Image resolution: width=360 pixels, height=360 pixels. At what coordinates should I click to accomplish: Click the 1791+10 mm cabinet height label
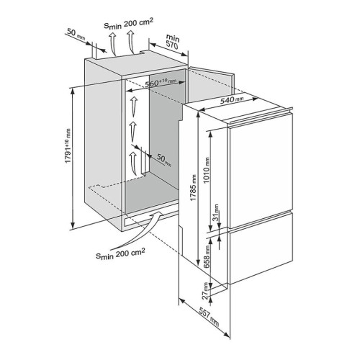(x=68, y=146)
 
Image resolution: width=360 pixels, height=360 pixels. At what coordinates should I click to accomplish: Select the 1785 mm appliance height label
(x=193, y=188)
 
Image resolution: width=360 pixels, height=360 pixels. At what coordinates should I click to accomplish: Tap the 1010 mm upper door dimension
(x=207, y=170)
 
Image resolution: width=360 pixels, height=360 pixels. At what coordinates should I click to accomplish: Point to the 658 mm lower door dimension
(x=207, y=256)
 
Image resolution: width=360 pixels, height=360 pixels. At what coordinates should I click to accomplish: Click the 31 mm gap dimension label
(x=216, y=212)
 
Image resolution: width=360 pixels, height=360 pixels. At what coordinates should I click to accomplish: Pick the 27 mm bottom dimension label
(x=205, y=291)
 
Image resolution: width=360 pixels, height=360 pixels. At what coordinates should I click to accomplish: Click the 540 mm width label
(x=232, y=99)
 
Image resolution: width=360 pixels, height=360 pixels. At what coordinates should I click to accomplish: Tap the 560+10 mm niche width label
(x=161, y=83)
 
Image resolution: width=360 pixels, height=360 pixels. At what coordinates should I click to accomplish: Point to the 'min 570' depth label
(x=172, y=42)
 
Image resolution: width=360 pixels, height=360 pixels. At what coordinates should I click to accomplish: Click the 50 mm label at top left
(x=76, y=33)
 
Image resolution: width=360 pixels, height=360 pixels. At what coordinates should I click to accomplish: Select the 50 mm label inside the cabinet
(x=164, y=160)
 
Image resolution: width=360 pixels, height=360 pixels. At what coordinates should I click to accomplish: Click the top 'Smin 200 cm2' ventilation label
(x=128, y=24)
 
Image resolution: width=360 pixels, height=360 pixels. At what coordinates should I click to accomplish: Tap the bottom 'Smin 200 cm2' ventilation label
(x=120, y=253)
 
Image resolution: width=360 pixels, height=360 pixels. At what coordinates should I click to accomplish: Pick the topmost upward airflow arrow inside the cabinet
(x=134, y=107)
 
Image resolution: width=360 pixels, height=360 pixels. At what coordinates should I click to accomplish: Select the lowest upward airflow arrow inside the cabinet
(x=133, y=163)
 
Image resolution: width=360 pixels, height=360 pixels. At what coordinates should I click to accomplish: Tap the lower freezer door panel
(x=261, y=248)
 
